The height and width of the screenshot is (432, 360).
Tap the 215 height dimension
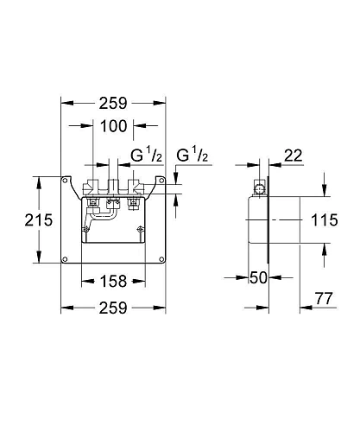pos(21,220)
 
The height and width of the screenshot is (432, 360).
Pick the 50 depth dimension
pos(256,276)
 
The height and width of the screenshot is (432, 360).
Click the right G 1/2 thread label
pos(194,156)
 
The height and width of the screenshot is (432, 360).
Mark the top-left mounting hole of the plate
pos(66,181)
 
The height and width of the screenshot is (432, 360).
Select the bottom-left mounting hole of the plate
pos(66,258)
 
